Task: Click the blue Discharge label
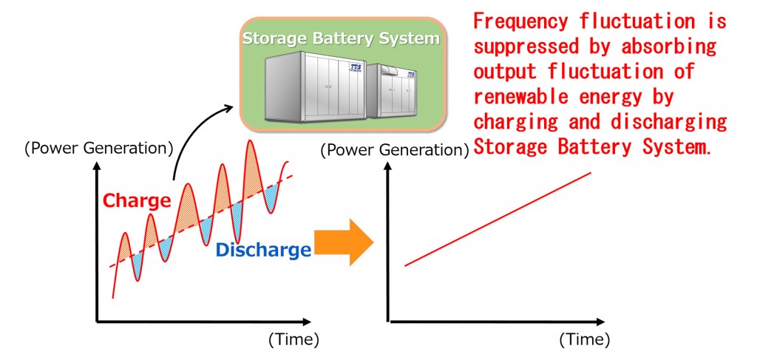262,250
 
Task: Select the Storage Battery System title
341,38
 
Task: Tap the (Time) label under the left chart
293,340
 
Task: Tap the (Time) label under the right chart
584,340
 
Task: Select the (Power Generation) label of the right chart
395,150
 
